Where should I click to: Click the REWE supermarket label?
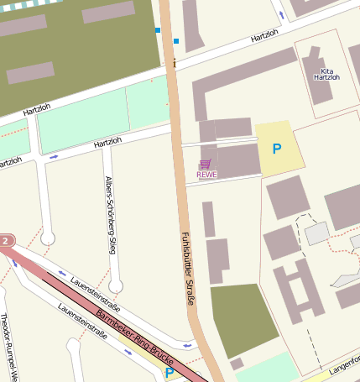[206, 175]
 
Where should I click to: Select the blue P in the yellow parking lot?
[276, 149]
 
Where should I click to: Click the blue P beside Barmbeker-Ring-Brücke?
[170, 372]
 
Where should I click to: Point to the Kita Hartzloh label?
[326, 74]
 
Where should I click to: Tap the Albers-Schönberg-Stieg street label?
[110, 215]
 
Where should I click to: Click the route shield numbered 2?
[6, 242]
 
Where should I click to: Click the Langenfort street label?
[344, 367]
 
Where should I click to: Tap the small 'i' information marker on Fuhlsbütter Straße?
[175, 63]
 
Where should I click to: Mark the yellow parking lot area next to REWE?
[279, 149]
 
